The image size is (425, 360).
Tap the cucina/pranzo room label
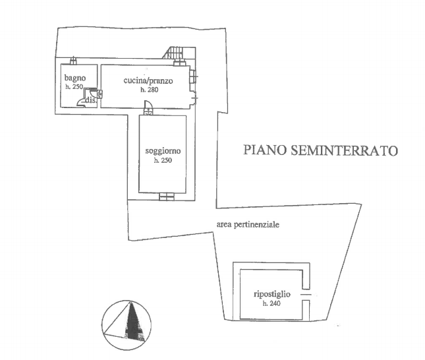coord(148,81)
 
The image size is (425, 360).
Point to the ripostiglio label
coord(272,294)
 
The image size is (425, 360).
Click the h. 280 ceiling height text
coord(147,89)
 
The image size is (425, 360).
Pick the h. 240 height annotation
coord(271,303)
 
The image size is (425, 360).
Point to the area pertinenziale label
coord(248,224)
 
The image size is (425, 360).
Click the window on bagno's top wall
coord(73,62)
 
